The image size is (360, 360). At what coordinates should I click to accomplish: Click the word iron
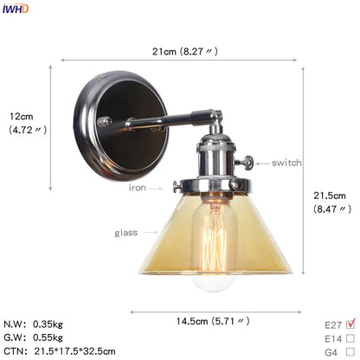[138, 187]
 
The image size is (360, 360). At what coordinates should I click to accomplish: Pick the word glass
[125, 233]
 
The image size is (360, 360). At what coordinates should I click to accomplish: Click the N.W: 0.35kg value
[40, 325]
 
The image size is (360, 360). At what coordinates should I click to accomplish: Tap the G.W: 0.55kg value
[40, 337]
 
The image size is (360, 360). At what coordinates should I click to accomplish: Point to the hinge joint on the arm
[210, 112]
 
